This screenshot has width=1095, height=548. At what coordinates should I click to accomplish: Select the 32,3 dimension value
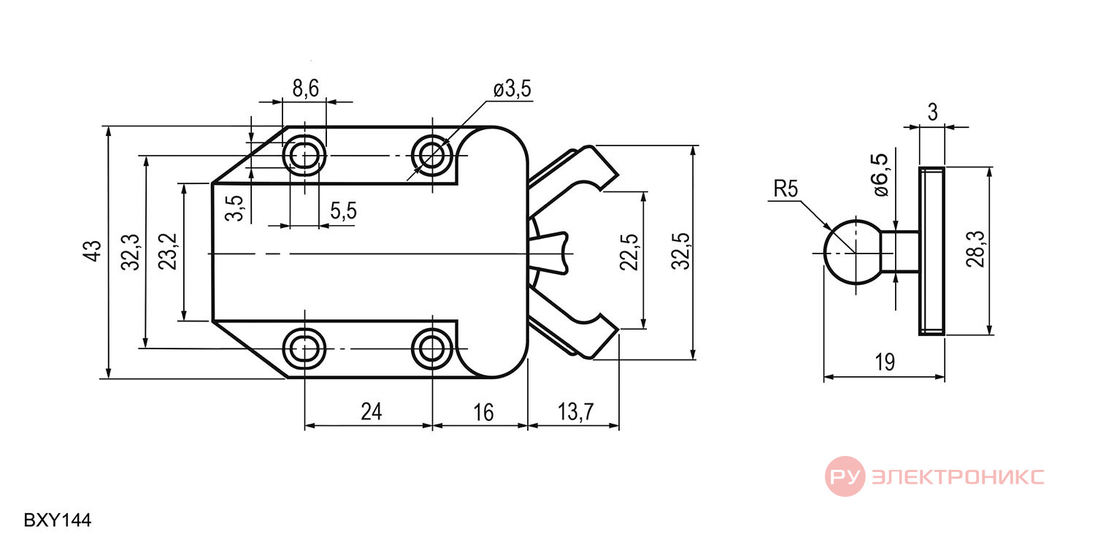(131, 253)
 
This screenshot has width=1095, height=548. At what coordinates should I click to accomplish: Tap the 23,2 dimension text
(168, 251)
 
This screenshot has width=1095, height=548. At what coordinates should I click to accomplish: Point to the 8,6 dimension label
(306, 88)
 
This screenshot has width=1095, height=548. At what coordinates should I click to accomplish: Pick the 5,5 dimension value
(343, 211)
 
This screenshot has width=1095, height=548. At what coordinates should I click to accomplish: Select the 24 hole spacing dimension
(371, 411)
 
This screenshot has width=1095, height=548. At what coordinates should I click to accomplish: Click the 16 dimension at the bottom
(483, 413)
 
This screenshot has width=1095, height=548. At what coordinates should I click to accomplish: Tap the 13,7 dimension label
(575, 411)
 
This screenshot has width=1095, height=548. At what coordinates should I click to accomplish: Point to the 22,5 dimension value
(629, 253)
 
